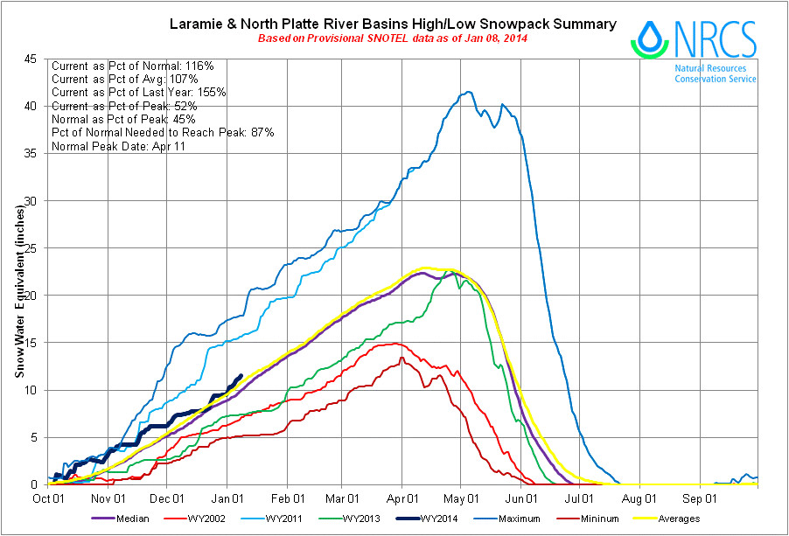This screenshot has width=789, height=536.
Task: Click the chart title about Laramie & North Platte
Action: coord(392,24)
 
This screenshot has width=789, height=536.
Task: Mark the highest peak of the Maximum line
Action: coord(469,92)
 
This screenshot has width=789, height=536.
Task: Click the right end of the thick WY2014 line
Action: coord(241,376)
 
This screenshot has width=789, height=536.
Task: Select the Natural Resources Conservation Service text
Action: coord(716,73)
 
